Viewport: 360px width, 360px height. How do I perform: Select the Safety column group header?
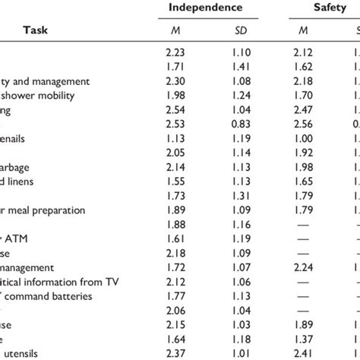click(x=322, y=7)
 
